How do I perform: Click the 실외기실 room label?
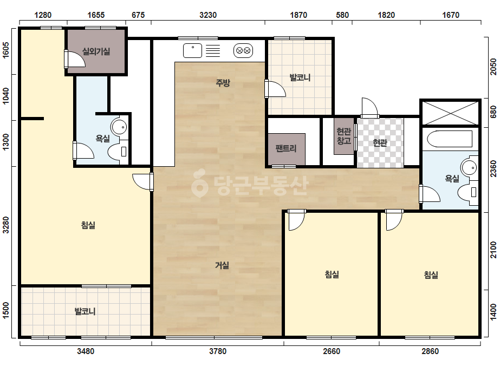tap(96, 51)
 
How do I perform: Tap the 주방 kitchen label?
tap(223, 83)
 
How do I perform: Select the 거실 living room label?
tap(222, 265)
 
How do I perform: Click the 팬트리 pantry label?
tap(286, 148)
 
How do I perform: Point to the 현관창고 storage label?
tap(344, 136)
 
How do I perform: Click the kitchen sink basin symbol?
tap(192, 50)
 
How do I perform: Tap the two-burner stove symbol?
tap(243, 50)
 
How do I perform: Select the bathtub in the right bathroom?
tap(450, 139)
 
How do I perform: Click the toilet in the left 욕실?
tap(118, 152)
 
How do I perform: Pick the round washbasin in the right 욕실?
tap(469, 168)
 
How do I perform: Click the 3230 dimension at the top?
tap(208, 15)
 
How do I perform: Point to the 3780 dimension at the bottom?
tap(218, 351)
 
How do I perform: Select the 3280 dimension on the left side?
tap(6, 225)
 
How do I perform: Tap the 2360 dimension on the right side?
tap(493, 169)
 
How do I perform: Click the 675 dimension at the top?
tap(138, 15)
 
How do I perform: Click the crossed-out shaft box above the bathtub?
tap(451, 113)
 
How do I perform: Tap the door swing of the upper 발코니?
tap(275, 89)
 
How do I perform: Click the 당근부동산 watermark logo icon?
tap(199, 183)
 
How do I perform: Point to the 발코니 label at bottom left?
tap(85, 311)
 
